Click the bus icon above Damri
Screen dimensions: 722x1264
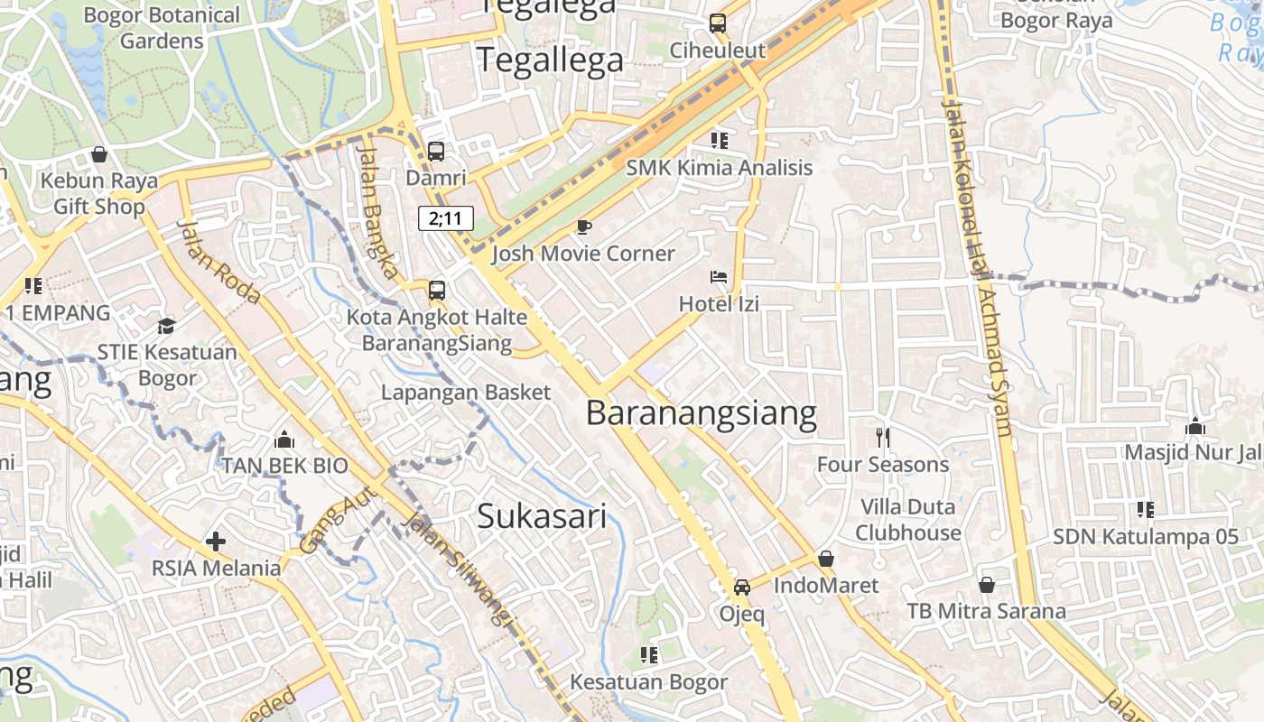436,151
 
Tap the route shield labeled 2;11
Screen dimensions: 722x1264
445,218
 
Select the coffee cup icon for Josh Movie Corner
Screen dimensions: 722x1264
583,227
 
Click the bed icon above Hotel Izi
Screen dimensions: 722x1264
719,277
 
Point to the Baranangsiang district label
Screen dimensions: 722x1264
701,413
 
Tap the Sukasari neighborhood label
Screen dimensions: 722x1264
541,516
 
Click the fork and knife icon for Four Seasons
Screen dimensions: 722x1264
883,438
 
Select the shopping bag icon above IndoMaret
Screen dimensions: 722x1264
825,559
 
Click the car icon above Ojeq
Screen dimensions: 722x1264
741,588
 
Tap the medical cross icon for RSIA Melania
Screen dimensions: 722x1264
215,541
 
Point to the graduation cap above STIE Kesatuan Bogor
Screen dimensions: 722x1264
166,326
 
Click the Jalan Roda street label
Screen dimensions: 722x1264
219,262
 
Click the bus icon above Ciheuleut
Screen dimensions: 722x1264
718,23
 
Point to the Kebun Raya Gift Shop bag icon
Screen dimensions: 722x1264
99,154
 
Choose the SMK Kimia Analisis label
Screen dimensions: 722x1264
719,168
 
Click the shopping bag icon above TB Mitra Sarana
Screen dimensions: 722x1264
987,585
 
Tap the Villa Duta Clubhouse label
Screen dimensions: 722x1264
908,520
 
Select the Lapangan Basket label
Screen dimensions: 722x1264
465,393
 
